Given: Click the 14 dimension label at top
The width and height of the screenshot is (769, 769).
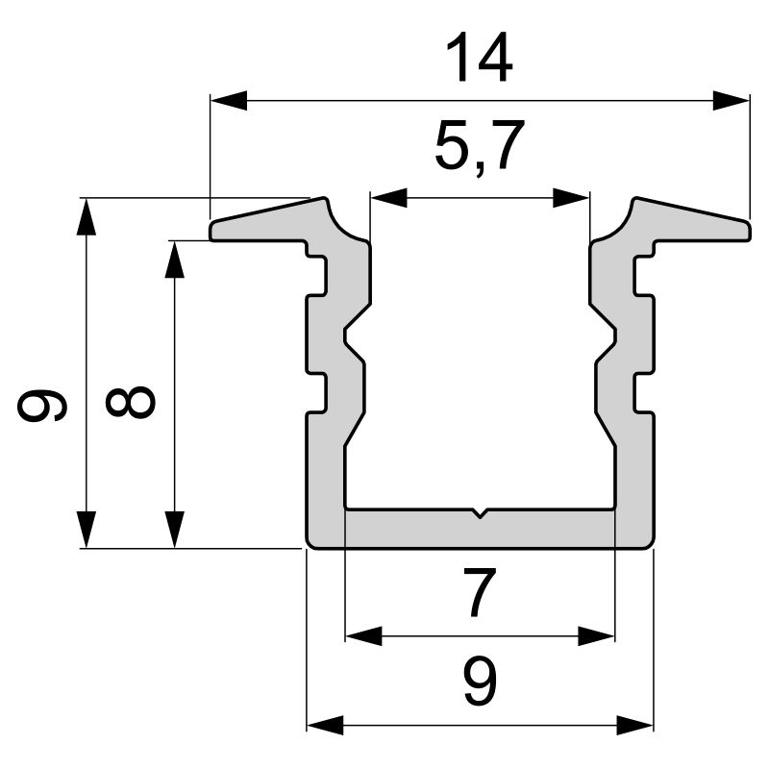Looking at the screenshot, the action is [479, 58].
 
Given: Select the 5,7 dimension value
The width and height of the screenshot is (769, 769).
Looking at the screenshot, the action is [479, 146].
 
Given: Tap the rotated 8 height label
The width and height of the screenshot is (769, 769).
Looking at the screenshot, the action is [131, 402].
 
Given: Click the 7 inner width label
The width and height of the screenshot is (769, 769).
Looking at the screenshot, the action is [480, 592].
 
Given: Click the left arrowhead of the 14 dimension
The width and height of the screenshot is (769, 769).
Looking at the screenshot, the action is [229, 101].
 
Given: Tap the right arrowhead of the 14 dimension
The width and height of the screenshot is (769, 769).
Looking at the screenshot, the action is [732, 101].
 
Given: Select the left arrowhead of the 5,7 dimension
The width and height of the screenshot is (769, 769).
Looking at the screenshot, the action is [389, 198].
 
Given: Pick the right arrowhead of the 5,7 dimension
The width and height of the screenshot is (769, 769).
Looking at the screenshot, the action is [571, 198].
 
